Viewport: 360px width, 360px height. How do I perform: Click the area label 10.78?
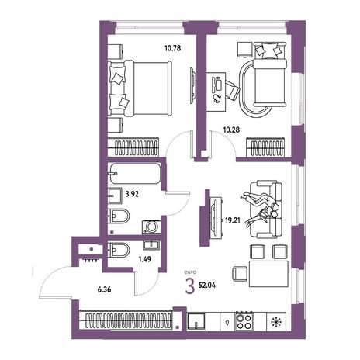[172, 48]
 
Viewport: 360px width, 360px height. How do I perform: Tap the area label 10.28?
[231, 130]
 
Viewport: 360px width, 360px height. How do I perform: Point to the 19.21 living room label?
[233, 220]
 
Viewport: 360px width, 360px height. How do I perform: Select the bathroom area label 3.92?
[132, 194]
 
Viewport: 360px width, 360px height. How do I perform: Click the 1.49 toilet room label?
[145, 259]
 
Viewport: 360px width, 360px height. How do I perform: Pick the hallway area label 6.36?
[104, 289]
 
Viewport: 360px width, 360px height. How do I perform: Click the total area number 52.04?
[207, 286]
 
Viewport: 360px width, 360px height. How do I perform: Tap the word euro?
[190, 272]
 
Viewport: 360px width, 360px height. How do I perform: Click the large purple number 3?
[190, 286]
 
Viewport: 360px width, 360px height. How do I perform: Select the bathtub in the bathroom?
[135, 174]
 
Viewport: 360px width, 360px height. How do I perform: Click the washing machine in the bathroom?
[151, 227]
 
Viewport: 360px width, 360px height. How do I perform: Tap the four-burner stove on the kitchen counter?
[244, 321]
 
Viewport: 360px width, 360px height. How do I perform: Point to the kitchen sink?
[196, 321]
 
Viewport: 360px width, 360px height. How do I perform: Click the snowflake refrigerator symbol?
[276, 321]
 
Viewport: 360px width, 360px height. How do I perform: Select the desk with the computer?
[216, 92]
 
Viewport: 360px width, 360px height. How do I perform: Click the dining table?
[268, 274]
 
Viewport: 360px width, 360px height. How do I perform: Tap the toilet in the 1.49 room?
[118, 250]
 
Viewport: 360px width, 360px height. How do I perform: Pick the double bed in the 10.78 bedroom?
[140, 88]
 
